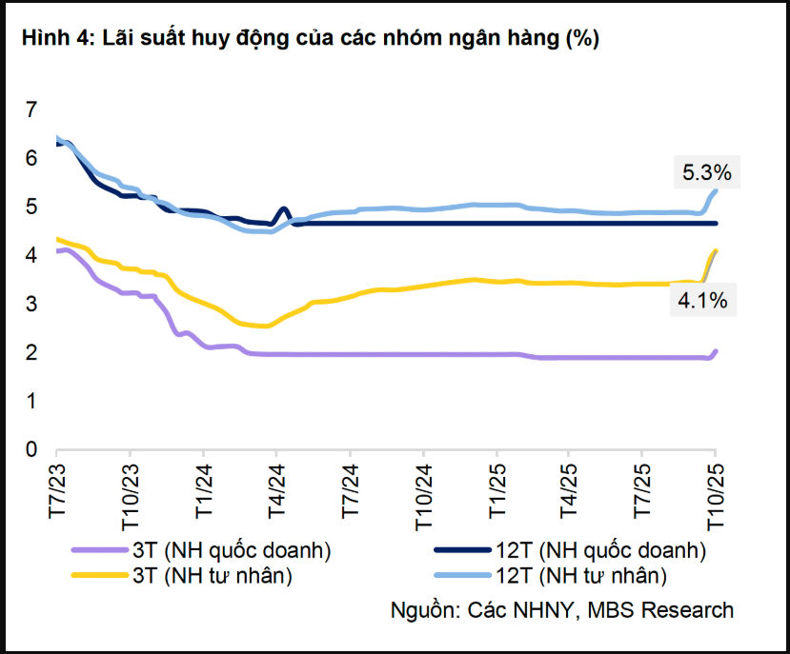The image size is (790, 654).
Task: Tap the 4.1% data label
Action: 703,301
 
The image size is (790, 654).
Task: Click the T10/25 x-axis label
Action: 716,491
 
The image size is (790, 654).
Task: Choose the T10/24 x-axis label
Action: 423,491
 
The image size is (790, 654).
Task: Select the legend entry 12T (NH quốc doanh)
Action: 600,550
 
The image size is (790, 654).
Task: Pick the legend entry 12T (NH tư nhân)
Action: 580,574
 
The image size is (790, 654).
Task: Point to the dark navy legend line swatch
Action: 462,550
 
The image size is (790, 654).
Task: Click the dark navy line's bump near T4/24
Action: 283,210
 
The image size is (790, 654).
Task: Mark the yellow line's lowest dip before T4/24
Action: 264,326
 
